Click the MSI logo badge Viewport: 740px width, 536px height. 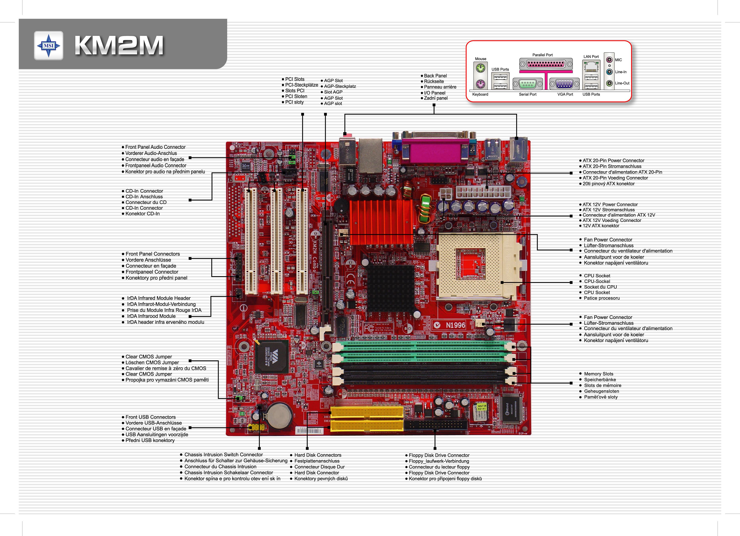click(x=49, y=46)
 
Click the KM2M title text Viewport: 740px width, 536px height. click(x=119, y=46)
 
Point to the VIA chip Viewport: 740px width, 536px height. click(x=272, y=356)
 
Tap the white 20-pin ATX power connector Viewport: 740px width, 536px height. click(x=483, y=192)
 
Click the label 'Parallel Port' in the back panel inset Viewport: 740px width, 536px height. click(x=542, y=55)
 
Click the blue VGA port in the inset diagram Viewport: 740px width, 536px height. click(x=564, y=84)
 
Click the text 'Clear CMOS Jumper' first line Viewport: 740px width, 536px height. click(x=148, y=356)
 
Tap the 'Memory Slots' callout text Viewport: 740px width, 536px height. click(x=598, y=374)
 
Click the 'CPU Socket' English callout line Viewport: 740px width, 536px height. click(x=597, y=276)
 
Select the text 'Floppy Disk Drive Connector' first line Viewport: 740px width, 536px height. click(x=439, y=455)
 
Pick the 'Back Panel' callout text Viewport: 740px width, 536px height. click(x=435, y=76)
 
